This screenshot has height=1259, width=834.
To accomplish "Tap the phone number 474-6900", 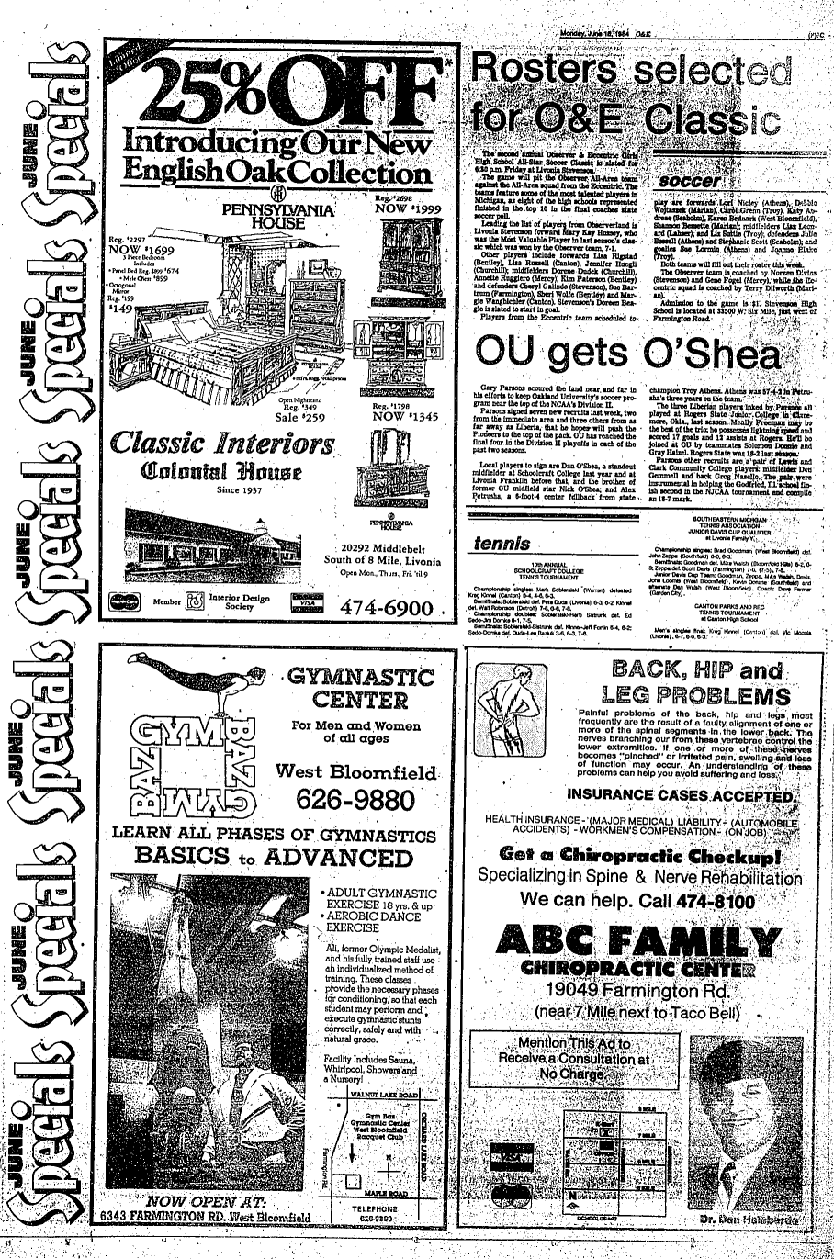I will (x=386, y=609).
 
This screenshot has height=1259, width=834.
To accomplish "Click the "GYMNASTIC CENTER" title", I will (x=359, y=690).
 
